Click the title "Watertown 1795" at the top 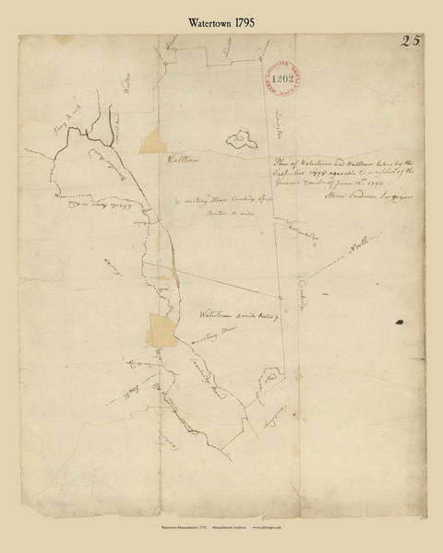pyautogui.click(x=221, y=17)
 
